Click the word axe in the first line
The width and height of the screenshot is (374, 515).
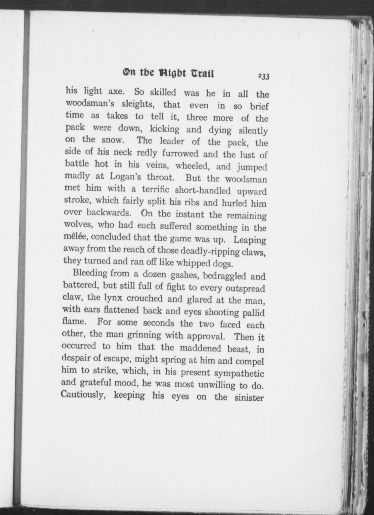116,91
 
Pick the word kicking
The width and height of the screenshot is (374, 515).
165,129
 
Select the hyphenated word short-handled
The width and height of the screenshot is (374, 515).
203,190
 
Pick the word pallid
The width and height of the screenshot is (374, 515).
253,313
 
